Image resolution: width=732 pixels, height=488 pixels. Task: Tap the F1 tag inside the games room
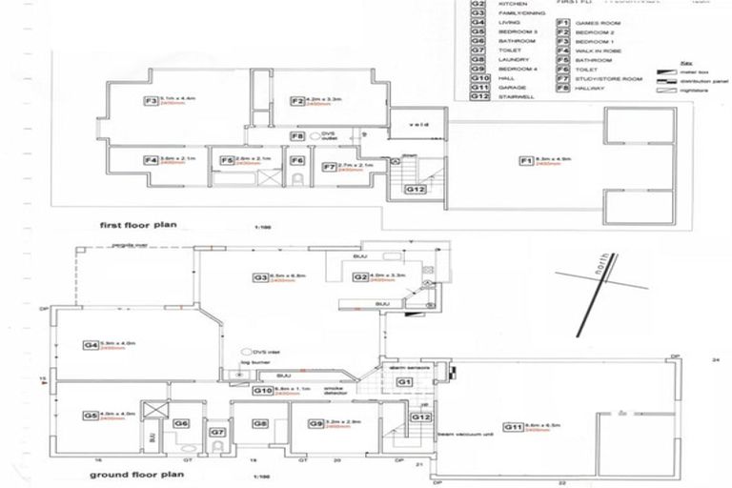(525, 160)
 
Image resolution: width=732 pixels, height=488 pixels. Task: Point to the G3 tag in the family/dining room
(259, 277)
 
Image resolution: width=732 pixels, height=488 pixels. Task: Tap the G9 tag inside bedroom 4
(315, 423)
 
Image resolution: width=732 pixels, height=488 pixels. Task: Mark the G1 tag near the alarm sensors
(402, 381)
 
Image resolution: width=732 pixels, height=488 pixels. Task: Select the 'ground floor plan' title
(130, 474)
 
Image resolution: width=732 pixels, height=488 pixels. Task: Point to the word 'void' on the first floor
(417, 125)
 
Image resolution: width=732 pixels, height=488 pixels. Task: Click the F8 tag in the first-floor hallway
(297, 136)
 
